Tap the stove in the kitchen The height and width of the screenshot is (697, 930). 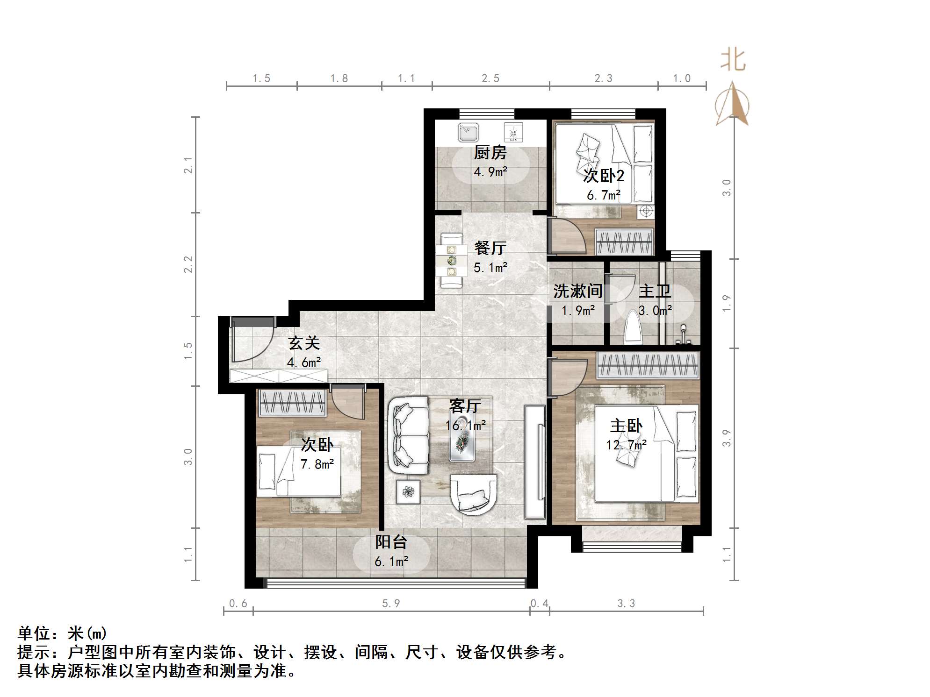pos(513,132)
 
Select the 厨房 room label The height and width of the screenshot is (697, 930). pos(490,152)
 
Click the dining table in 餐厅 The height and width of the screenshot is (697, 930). pos(451,261)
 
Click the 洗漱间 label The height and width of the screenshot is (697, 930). pos(577,291)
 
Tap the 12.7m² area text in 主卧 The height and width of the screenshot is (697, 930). pos(626,445)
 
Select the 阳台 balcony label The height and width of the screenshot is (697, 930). pos(391,542)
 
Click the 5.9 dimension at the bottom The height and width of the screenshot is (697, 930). pos(391,603)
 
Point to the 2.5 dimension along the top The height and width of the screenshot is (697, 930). pos(490,78)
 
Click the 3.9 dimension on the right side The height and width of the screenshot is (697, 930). pos(726,438)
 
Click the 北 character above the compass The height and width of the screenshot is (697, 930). pos(733,61)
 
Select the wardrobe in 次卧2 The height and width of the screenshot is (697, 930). pos(624,242)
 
